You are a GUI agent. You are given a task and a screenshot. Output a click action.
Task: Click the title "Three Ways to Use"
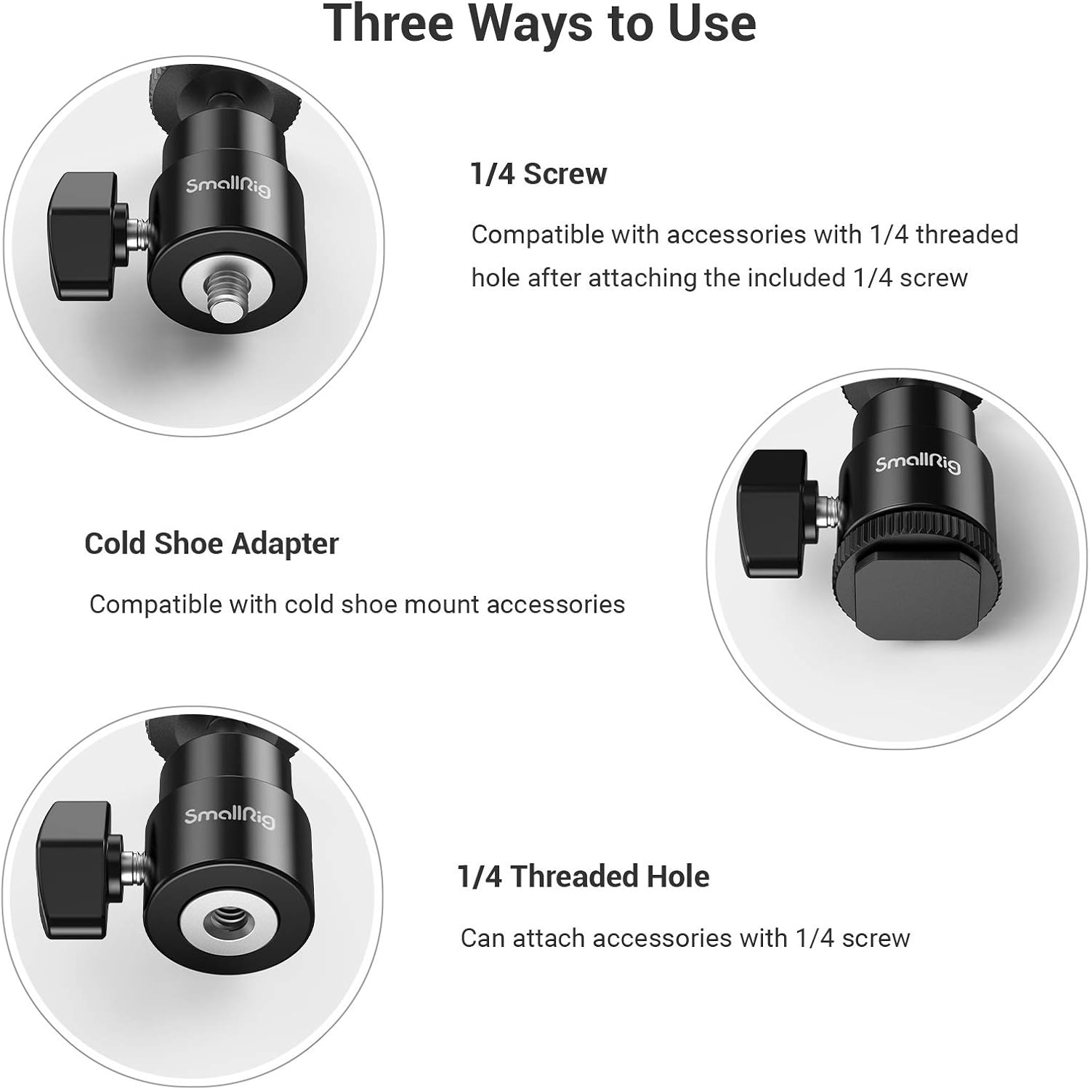(539, 23)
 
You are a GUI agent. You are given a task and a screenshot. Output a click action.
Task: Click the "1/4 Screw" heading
(538, 174)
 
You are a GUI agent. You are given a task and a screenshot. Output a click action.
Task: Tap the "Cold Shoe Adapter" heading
(211, 544)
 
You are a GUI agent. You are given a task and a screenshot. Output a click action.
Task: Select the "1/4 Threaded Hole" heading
(583, 876)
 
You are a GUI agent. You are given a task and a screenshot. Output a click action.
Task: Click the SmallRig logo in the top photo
(227, 186)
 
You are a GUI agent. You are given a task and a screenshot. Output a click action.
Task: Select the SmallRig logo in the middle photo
(917, 464)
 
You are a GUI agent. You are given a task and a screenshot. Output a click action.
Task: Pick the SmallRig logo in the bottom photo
(230, 817)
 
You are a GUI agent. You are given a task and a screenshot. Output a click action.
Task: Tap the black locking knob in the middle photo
(772, 512)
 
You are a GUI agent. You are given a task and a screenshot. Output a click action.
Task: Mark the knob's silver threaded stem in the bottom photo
(137, 865)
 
